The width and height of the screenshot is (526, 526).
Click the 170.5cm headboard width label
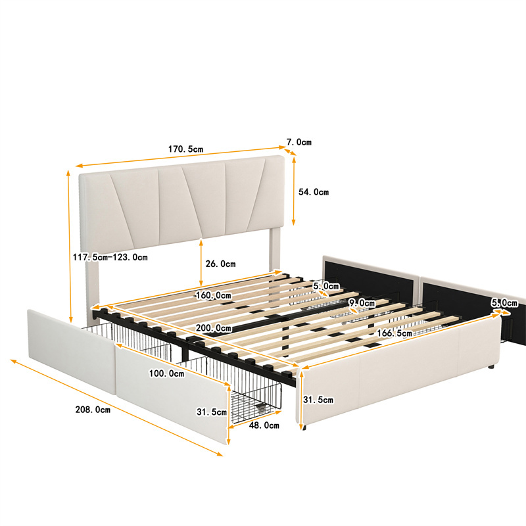point(185,149)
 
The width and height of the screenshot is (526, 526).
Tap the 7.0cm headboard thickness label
point(299,142)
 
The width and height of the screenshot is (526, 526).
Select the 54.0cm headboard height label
point(314,192)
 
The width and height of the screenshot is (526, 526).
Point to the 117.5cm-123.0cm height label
point(110,257)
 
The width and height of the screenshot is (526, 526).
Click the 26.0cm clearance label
point(220,264)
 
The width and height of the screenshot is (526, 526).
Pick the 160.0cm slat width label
point(214,295)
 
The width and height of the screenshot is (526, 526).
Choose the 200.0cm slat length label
point(214,327)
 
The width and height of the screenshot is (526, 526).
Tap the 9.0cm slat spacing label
point(362,303)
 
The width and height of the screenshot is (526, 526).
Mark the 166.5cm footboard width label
point(394,333)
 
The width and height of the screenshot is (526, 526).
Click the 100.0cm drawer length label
point(167,373)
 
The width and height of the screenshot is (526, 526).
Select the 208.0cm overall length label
point(93,410)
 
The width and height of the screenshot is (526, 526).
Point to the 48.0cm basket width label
point(264,425)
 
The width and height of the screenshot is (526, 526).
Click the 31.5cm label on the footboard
point(318,400)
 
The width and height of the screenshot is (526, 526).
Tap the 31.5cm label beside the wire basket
point(212,412)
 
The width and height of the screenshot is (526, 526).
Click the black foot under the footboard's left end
point(304,428)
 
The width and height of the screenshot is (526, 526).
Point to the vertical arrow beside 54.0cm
point(293,191)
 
